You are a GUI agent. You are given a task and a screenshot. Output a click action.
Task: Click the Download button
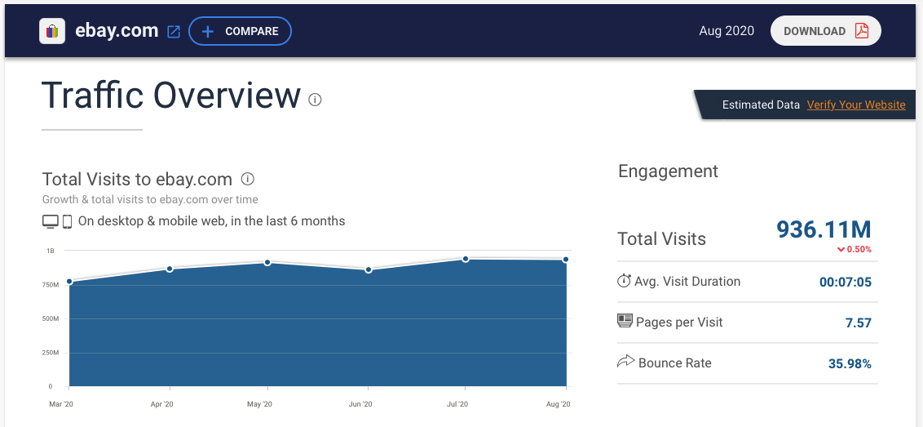(825, 31)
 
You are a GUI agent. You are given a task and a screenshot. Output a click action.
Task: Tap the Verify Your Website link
(856, 105)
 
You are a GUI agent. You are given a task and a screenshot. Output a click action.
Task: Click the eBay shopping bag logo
(52, 31)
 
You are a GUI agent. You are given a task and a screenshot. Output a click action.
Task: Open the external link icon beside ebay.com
(174, 32)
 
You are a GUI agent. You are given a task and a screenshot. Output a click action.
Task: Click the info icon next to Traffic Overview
(316, 100)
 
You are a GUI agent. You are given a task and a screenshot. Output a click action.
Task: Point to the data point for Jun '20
(369, 269)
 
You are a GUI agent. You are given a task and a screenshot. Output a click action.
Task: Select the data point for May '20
(267, 262)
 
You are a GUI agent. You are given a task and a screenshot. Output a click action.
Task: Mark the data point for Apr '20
(170, 269)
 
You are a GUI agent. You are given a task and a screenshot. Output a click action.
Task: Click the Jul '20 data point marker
(466, 259)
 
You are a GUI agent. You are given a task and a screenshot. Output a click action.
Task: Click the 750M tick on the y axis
(51, 285)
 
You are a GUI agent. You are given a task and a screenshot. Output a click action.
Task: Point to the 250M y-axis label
(51, 353)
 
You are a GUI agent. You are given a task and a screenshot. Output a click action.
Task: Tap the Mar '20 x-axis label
(60, 404)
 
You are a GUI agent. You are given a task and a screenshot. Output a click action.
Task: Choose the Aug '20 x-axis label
(557, 404)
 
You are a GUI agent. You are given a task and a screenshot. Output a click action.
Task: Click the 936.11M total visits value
(824, 229)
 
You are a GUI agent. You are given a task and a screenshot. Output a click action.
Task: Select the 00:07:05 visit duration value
(845, 282)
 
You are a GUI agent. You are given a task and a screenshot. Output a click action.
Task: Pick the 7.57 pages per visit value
(858, 323)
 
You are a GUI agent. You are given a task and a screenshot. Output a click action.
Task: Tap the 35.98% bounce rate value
(850, 364)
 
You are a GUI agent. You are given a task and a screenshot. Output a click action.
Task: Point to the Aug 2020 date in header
(726, 31)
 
